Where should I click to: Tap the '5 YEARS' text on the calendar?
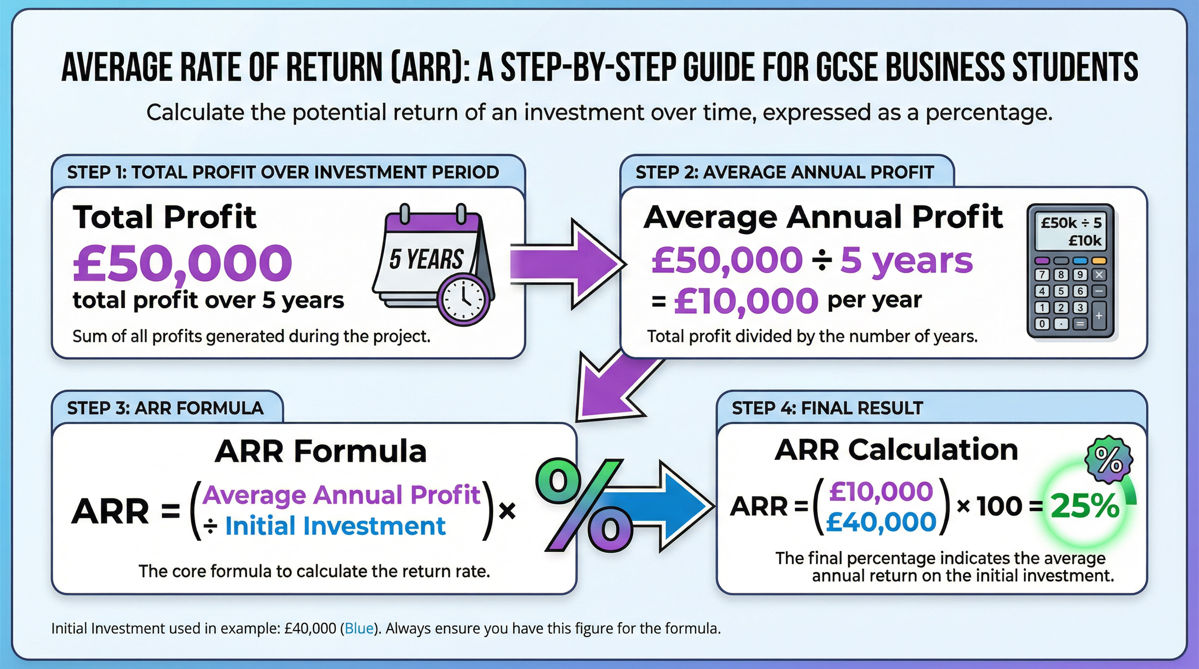pos(426,259)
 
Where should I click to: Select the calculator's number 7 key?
pos(1042,274)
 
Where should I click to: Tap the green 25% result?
pos(1084,506)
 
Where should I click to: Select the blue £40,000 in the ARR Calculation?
pos(881,522)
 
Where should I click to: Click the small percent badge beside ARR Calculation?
pos(1109,460)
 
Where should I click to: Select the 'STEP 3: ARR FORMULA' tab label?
pos(165,409)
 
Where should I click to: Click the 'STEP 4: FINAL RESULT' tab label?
pos(827,409)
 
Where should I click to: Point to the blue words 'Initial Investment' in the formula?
pos(335,526)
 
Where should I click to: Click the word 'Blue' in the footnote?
pos(359,628)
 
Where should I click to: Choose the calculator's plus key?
pos(1099,316)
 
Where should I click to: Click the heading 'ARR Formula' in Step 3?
pos(320,451)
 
